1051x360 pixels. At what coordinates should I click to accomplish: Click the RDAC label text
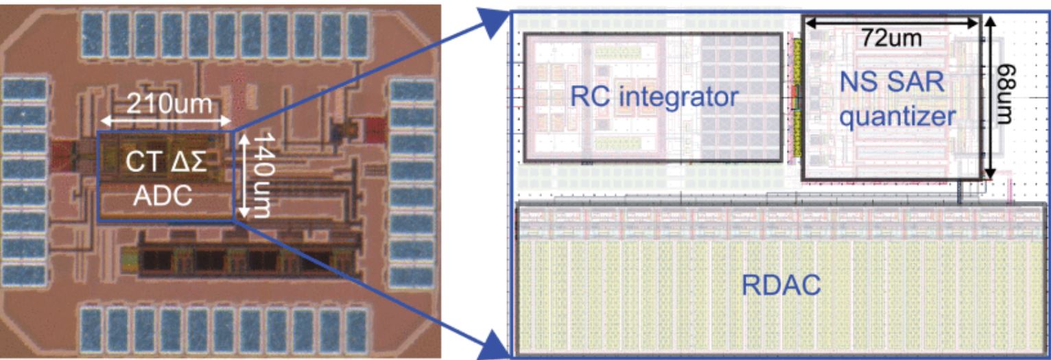coord(781,285)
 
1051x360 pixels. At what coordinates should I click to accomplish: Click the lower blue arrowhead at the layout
coord(495,346)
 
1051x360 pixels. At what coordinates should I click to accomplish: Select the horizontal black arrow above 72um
coord(893,23)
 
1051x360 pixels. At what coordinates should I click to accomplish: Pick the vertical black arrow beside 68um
coord(989,97)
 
